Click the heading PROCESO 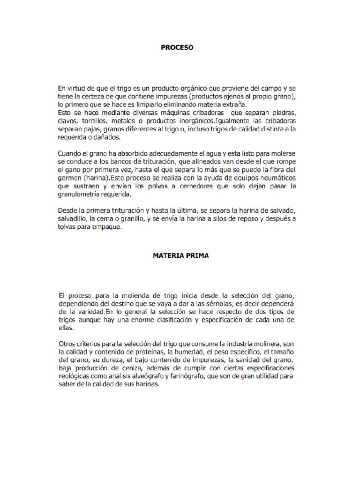tap(177, 47)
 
